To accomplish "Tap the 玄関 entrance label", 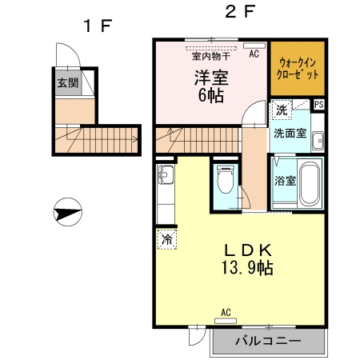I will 66,82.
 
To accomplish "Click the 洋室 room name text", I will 210,78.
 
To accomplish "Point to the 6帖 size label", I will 210,95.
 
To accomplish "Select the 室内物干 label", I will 210,55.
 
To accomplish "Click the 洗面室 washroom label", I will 290,133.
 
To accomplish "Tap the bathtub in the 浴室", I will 312,184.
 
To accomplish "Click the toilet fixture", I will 225,178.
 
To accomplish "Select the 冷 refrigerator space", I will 167,239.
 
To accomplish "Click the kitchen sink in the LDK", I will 166,175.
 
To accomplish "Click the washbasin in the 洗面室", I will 318,139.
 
